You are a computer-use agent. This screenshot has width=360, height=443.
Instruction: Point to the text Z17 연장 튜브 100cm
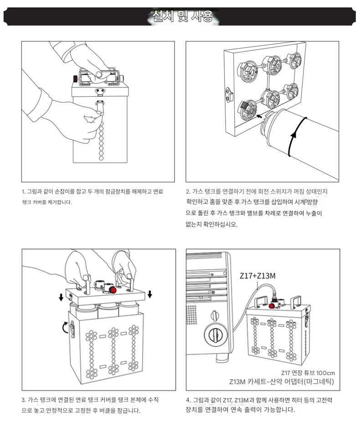[x=308, y=373]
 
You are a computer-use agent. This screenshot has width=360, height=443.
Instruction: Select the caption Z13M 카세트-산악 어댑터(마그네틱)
[x=281, y=381]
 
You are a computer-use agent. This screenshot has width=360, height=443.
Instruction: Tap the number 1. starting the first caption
[x=24, y=192]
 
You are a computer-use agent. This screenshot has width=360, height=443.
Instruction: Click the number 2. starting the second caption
[x=188, y=192]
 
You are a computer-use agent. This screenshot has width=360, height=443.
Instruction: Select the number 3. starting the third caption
[x=24, y=400]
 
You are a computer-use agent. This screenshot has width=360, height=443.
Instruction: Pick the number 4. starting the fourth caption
[x=188, y=400]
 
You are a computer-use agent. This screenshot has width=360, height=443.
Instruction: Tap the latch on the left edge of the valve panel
[x=228, y=94]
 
